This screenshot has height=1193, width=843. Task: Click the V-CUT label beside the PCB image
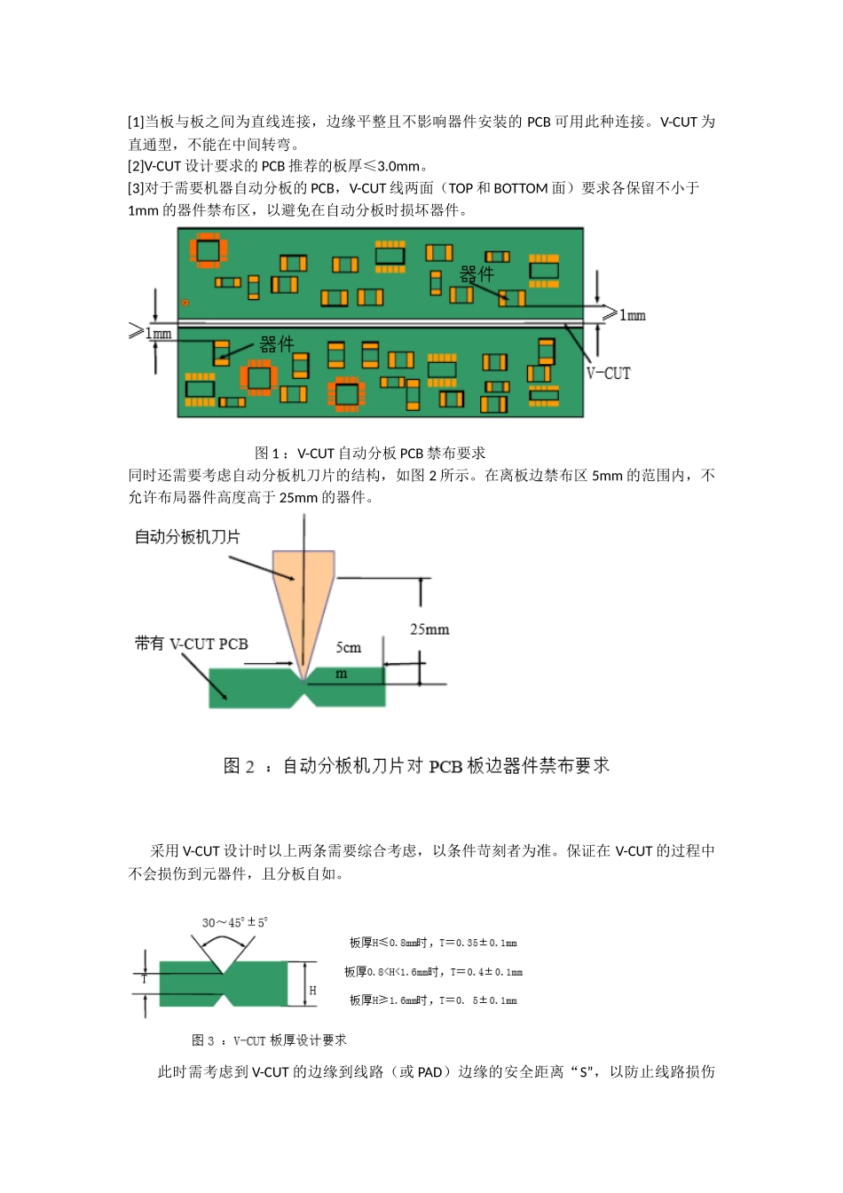click(x=608, y=374)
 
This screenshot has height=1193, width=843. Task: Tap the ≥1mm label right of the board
click(x=624, y=315)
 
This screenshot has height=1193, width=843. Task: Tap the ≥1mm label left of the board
click(x=150, y=333)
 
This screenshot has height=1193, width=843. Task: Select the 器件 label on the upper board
click(x=477, y=273)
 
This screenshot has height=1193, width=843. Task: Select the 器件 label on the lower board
click(x=276, y=344)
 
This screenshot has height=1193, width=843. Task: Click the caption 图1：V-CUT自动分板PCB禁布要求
click(x=370, y=453)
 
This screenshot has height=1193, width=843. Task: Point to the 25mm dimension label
click(x=429, y=629)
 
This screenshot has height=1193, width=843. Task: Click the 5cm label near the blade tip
click(x=349, y=648)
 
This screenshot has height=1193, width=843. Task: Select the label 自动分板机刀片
click(x=187, y=537)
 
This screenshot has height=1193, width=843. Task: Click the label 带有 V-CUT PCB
click(x=192, y=644)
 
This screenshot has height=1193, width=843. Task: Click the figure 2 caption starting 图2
click(x=416, y=765)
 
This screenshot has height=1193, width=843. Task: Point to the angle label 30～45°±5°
click(x=234, y=922)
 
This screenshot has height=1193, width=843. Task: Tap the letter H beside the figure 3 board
click(x=312, y=991)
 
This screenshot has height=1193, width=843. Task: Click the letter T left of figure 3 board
click(x=145, y=978)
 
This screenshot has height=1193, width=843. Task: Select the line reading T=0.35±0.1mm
click(x=433, y=943)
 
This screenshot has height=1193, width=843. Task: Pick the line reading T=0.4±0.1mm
click(x=433, y=972)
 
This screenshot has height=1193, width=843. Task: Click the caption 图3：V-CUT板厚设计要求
click(x=269, y=1040)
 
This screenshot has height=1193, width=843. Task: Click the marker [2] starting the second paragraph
click(x=136, y=166)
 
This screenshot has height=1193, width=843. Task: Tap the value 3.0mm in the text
click(x=398, y=166)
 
